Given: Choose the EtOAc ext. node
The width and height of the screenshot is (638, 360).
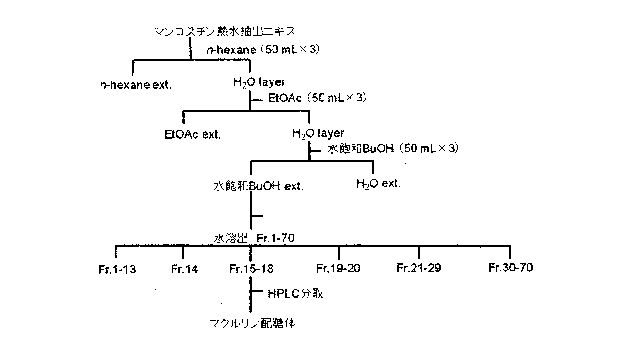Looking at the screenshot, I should [193, 134].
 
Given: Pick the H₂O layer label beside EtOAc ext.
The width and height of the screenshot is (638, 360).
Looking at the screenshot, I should [317, 133].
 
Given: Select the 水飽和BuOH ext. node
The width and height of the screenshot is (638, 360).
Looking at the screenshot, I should [258, 186].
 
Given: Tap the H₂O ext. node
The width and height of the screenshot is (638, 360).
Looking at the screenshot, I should [378, 183].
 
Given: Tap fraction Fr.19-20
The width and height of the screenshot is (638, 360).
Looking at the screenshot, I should [338, 269].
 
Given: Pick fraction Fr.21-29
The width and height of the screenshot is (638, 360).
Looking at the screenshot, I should [419, 268].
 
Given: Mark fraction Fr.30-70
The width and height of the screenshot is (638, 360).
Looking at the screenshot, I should [510, 268].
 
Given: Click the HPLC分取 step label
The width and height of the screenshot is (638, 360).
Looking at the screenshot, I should [295, 293].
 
